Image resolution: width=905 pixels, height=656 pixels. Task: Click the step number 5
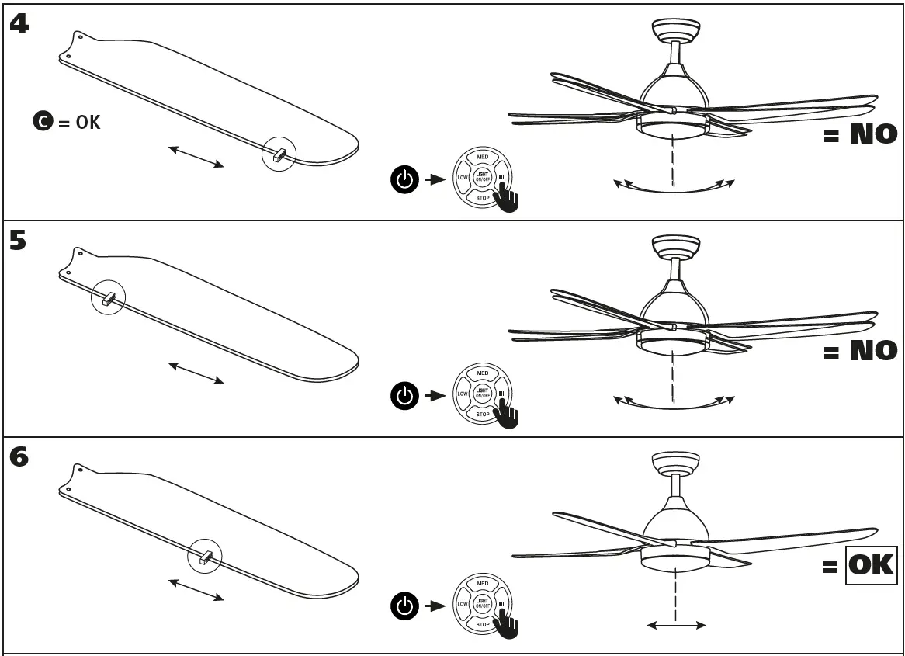pyautogui.click(x=18, y=241)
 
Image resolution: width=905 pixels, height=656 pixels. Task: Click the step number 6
pyautogui.click(x=19, y=458)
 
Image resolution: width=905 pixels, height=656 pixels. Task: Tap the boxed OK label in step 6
pyautogui.click(x=870, y=565)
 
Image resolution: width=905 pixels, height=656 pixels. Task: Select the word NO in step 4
pyautogui.click(x=873, y=135)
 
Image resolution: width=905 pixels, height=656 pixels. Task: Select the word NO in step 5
pyautogui.click(x=873, y=351)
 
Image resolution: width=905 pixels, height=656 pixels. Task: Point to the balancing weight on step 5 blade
pyautogui.click(x=108, y=298)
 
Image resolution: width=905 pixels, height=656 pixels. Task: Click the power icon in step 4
pyautogui.click(x=403, y=180)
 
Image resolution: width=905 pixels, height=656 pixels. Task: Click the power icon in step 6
pyautogui.click(x=403, y=606)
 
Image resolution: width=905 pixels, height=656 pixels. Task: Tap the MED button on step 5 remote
pyautogui.click(x=482, y=373)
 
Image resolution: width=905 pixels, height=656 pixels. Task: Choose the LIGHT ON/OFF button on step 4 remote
pyautogui.click(x=482, y=178)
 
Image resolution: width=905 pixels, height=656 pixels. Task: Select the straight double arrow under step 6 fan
pyautogui.click(x=676, y=624)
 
